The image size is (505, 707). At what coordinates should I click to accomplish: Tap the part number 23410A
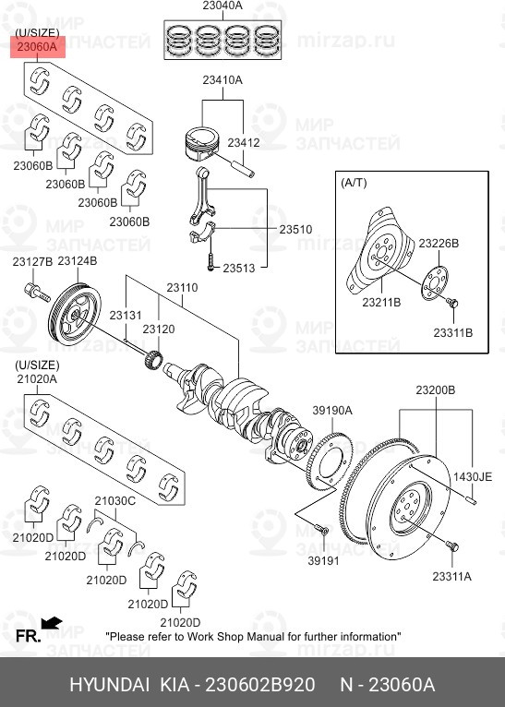coord(222,80)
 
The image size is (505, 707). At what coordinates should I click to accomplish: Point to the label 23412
coord(244,142)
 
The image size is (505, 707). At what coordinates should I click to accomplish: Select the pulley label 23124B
coord(77,262)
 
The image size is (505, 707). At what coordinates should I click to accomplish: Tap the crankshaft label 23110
coord(182,288)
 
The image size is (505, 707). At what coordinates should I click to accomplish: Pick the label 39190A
coord(331,410)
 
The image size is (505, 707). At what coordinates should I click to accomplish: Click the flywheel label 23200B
coord(435,390)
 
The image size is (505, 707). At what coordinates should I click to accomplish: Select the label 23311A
coord(451,576)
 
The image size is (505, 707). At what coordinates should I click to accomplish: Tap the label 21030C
coord(114,500)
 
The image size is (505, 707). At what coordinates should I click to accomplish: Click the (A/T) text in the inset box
coord(354,183)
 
